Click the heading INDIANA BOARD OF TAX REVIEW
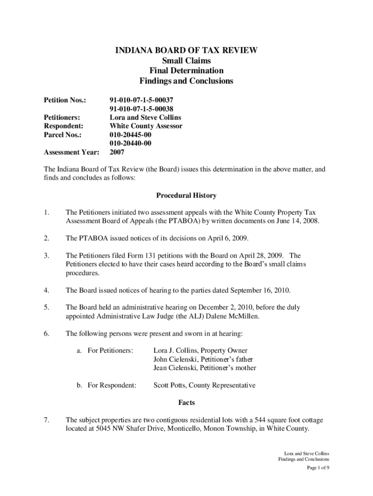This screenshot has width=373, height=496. tap(186, 50)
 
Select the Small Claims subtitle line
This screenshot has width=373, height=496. tap(186, 61)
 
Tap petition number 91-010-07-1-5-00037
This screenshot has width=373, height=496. tap(141, 100)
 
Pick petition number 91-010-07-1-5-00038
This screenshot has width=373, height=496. tap(141, 108)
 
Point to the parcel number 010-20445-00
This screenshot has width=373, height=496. tap(130, 135)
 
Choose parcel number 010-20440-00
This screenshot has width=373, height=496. tap(130, 143)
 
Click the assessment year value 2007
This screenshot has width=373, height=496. tap(117, 152)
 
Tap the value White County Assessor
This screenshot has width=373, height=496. tap(146, 126)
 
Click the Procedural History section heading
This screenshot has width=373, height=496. tap(186, 196)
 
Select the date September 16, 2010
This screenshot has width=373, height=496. tap(260, 291)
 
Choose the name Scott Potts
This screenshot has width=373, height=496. tap(169, 386)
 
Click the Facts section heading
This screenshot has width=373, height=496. tap(186, 403)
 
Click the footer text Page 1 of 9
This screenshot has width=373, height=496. tap(318, 468)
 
